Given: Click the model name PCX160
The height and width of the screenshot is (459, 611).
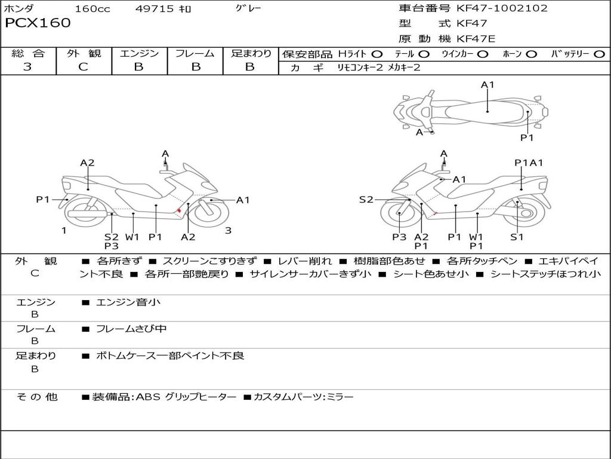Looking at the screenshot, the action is tap(38, 23).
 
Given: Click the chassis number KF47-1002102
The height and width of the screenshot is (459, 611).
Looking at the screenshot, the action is tap(502, 8).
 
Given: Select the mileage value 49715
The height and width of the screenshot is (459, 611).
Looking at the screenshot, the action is tap(154, 8).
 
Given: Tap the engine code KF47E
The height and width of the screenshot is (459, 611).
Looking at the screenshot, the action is tap(476, 39).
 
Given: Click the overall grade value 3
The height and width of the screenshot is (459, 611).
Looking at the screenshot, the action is tap(27, 66).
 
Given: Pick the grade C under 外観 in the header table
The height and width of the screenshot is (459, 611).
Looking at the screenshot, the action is tap(83, 66).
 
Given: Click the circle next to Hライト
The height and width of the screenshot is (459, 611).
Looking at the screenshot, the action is tap(377, 54).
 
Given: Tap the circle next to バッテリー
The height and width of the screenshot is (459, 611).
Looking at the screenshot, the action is tap(599, 54).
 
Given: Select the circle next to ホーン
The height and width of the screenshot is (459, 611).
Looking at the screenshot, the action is tap(531, 54).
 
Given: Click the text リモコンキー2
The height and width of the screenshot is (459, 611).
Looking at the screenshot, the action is tap(360, 68).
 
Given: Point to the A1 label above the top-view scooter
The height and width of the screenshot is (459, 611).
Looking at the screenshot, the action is tap(487, 85).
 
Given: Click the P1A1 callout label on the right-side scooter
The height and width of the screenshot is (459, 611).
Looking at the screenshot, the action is tap(529, 163).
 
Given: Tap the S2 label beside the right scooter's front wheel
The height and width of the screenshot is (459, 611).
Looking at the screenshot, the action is tap(366, 200).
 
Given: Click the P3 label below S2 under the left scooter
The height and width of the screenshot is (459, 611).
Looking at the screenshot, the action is tap(112, 246).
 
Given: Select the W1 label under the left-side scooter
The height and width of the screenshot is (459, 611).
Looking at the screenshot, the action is tap(132, 237).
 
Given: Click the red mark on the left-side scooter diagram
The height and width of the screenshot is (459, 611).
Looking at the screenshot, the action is tap(179, 211).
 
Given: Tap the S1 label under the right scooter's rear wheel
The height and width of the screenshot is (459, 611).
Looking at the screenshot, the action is tap(517, 237).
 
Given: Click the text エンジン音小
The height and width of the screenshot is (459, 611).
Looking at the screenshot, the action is tap(128, 302).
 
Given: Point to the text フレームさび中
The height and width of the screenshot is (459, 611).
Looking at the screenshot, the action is tap(131, 329).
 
